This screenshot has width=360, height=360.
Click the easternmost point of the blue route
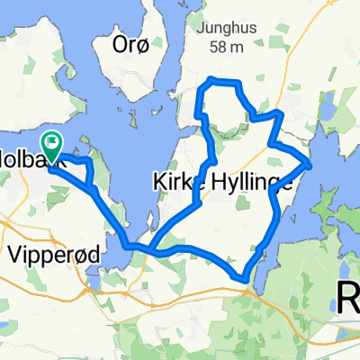tap(310, 165)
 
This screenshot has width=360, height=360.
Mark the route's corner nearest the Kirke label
tap(212, 160)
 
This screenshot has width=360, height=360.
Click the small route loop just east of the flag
tap(80, 171)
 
